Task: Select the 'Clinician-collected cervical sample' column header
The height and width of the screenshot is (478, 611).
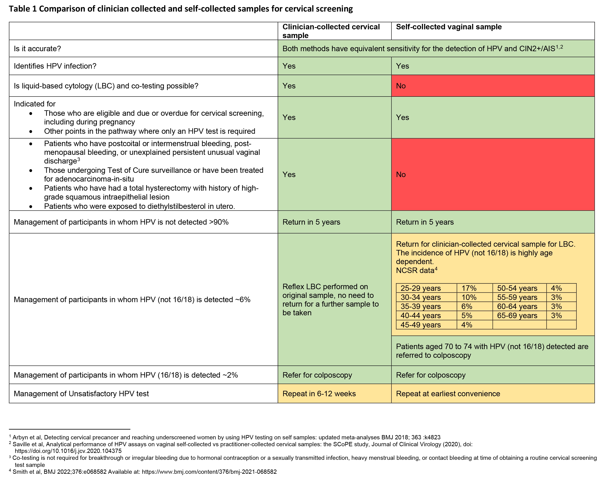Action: (x=331, y=31)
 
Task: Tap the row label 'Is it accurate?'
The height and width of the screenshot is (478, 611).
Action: (x=37, y=49)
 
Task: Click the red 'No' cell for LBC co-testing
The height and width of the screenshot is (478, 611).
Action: (x=401, y=86)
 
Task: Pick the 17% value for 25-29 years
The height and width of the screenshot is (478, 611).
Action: (x=469, y=288)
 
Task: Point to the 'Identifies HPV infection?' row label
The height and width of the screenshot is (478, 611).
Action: (x=55, y=66)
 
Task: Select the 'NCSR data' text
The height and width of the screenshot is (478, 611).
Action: (x=415, y=271)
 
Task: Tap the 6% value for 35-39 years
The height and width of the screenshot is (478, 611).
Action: (x=466, y=306)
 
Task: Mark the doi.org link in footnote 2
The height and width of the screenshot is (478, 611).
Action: (x=68, y=451)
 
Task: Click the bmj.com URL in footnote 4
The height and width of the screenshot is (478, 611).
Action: (x=209, y=472)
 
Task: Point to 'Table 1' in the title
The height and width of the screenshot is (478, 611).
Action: (x=23, y=9)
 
